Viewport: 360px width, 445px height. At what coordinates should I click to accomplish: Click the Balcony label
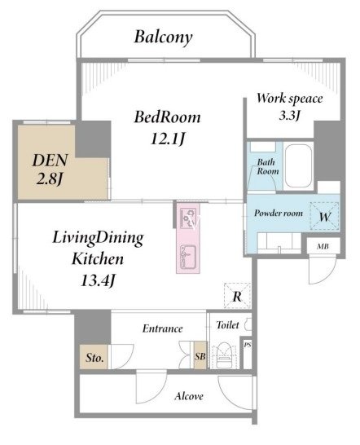click(163, 37)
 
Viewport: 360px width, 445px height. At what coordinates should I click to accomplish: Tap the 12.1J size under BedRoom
click(168, 139)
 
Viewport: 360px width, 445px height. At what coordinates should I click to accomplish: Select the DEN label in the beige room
click(50, 161)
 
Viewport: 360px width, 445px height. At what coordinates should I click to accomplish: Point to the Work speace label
click(290, 99)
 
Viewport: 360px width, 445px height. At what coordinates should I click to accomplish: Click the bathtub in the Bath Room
click(298, 166)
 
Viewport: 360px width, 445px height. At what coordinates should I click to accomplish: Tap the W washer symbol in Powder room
click(324, 217)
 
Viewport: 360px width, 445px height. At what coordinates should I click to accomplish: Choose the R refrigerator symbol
click(237, 296)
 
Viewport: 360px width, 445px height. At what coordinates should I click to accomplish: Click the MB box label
click(323, 246)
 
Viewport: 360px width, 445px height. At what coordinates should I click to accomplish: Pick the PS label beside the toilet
click(248, 345)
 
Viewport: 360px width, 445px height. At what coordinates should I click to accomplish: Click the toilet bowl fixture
click(224, 355)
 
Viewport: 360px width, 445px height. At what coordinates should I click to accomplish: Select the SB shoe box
click(200, 355)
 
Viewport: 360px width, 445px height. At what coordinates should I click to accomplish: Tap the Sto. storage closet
click(94, 357)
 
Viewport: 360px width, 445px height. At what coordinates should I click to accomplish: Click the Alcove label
click(189, 396)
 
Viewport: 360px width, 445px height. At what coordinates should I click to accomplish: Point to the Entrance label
click(162, 328)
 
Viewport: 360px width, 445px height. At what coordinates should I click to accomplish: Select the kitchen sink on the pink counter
click(188, 256)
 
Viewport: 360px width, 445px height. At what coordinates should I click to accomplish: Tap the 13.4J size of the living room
click(99, 281)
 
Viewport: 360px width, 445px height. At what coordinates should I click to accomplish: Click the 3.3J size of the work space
click(289, 115)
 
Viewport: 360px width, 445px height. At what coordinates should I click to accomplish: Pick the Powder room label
click(279, 213)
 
